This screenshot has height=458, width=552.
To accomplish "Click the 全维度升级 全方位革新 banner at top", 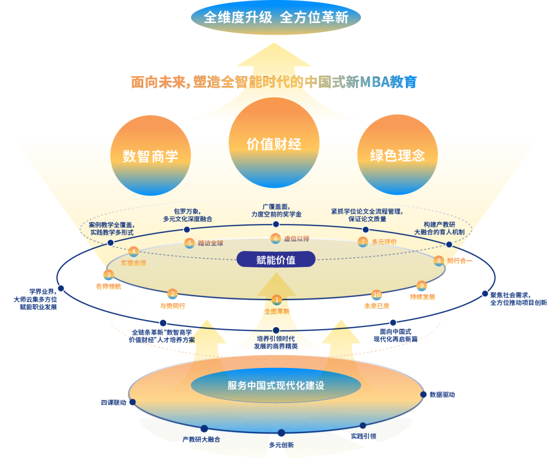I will point(276,18).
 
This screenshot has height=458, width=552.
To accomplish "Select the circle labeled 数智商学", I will point(150,155).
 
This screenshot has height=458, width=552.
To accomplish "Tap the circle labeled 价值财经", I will point(274,144).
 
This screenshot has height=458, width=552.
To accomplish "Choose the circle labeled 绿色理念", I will point(397,155).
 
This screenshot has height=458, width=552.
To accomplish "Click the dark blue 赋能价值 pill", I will point(276,260).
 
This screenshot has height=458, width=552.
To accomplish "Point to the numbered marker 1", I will point(277,300).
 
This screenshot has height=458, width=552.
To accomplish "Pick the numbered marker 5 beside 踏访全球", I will point(190,243).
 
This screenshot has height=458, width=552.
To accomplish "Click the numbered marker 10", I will point(377,295).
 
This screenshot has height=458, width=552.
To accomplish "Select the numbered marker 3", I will point(108,274).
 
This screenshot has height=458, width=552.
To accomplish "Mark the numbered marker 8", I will point(439,261).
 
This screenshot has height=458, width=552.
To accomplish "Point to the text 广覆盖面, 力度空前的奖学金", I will point(276,211).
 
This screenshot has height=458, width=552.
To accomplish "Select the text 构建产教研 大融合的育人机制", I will point(439,228).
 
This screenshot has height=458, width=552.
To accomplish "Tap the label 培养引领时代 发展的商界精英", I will point(276,342).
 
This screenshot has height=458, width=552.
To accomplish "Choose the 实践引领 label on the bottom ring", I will point(363,436).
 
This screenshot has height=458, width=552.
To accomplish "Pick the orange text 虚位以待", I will point(296,238).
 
